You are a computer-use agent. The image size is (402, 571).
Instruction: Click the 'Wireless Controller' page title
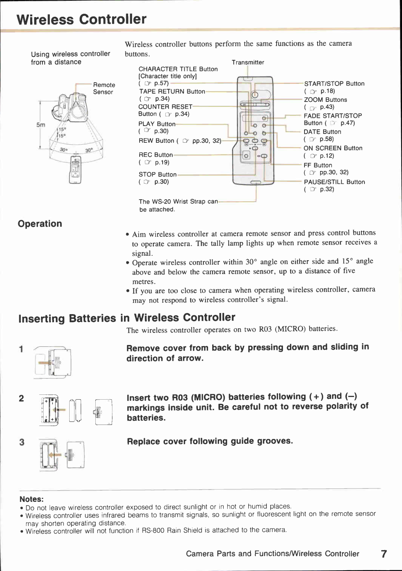[82, 19]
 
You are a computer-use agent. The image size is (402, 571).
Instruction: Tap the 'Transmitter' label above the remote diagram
[248, 62]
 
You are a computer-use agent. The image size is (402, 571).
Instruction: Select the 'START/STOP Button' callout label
[334, 84]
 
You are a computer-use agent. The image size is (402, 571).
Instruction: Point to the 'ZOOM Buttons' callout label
[325, 100]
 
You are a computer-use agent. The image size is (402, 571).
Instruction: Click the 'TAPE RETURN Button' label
[172, 91]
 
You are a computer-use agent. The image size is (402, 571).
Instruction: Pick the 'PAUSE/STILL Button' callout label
[334, 182]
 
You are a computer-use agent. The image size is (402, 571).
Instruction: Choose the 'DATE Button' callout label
[322, 132]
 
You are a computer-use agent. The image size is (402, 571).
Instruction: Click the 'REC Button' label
[156, 155]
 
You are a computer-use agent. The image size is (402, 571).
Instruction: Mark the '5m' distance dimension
[41, 125]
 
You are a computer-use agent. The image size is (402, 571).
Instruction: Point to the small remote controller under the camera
[75, 170]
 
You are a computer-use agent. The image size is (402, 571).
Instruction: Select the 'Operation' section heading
[40, 224]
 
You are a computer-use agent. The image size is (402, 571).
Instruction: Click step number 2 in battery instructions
[22, 399]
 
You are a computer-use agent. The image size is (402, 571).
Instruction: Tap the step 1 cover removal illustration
[53, 362]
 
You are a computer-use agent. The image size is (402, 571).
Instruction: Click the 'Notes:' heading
[31, 499]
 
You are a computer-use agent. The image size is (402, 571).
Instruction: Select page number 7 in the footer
[384, 554]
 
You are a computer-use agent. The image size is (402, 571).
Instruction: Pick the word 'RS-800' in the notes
[153, 530]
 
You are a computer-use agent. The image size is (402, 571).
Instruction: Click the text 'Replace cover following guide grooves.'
[210, 441]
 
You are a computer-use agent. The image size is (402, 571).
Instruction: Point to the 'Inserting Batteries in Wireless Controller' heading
[127, 318]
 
